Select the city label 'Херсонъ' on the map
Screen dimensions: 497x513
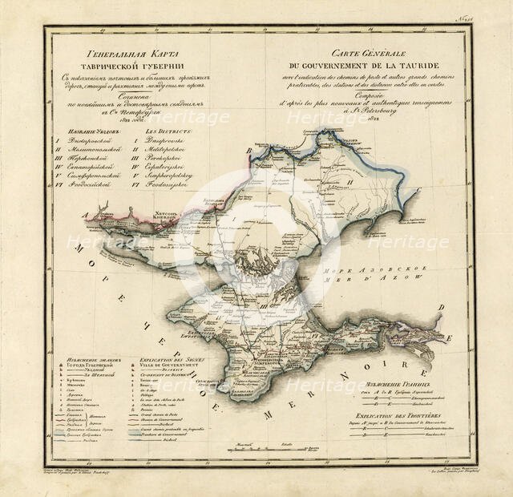(164, 214)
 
